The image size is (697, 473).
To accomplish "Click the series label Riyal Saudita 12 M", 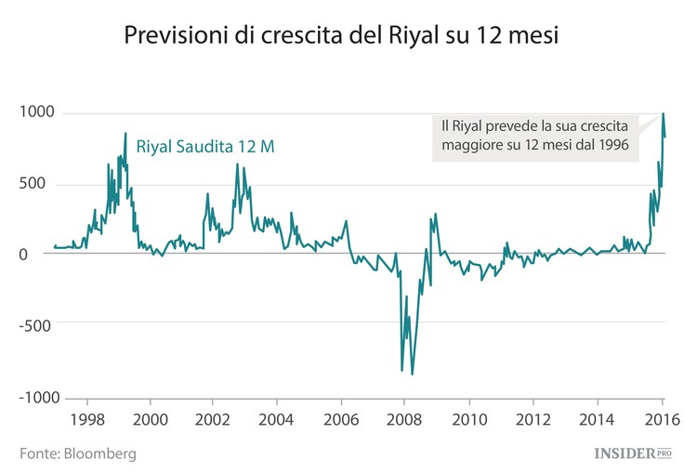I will (x=205, y=146).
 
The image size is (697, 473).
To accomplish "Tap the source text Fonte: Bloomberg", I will (x=78, y=453).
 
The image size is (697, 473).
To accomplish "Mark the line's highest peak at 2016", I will (x=663, y=114).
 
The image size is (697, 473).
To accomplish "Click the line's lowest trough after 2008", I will (x=412, y=374).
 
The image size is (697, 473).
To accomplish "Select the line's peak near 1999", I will (x=125, y=133).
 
